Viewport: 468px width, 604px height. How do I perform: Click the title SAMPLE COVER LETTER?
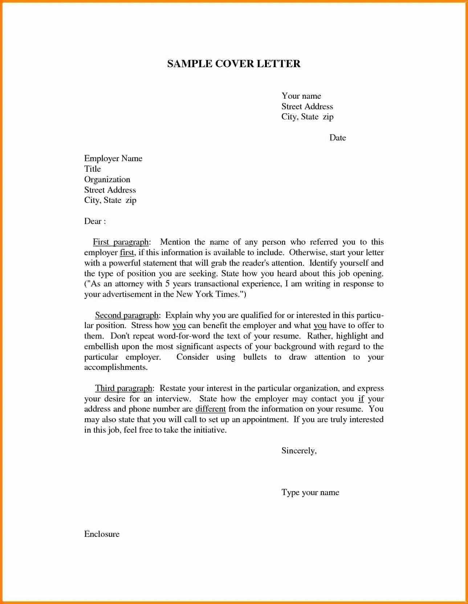click(x=233, y=64)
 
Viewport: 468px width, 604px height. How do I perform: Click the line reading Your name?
click(x=301, y=96)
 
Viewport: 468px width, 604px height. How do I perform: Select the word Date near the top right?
click(x=337, y=138)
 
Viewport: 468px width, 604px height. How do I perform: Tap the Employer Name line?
click(x=113, y=159)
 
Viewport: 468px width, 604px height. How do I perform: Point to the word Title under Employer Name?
click(x=92, y=169)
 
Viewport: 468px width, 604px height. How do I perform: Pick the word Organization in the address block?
click(x=107, y=180)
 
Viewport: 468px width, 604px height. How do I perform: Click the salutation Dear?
click(x=93, y=221)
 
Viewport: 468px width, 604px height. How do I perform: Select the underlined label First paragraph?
click(x=121, y=242)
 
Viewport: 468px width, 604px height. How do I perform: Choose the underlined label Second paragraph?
click(x=127, y=315)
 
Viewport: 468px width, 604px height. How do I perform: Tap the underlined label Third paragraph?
click(x=123, y=388)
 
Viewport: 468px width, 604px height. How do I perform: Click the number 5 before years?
click(x=167, y=284)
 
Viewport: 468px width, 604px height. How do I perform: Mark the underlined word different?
click(x=210, y=409)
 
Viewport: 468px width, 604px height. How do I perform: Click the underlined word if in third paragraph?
click(x=361, y=399)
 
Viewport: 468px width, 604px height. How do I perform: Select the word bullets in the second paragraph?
click(x=255, y=357)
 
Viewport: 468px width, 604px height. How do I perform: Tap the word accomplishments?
click(x=115, y=367)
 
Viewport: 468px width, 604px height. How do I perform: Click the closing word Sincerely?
click(x=298, y=451)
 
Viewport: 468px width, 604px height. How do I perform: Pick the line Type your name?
click(x=310, y=493)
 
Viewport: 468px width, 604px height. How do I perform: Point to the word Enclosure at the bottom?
click(x=102, y=534)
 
